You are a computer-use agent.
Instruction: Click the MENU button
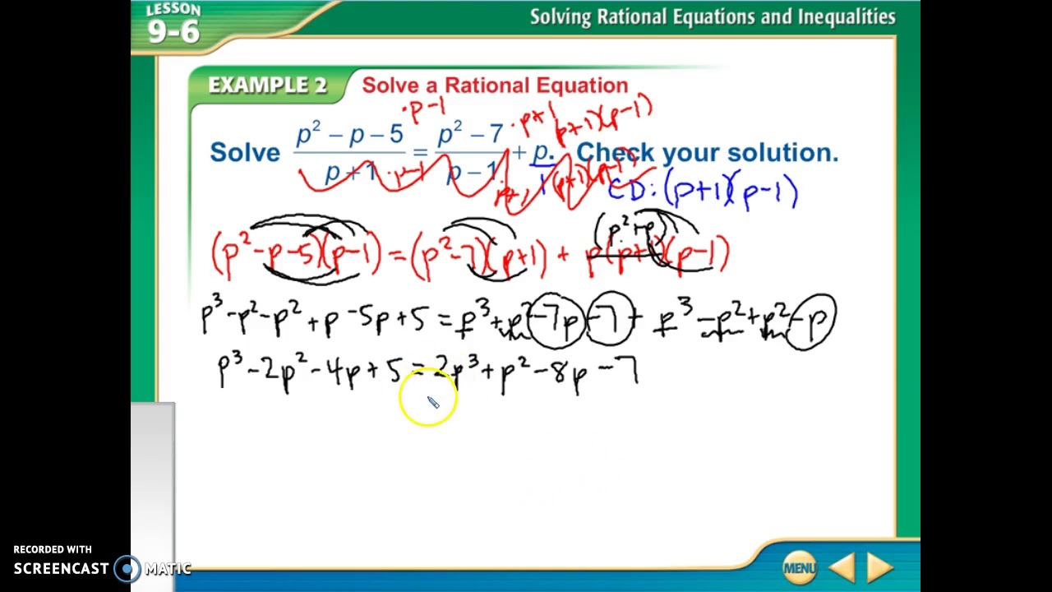pyautogui.click(x=799, y=567)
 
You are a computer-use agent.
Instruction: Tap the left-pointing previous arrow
pyautogui.click(x=842, y=567)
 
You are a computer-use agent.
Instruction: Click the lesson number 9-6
pyautogui.click(x=173, y=32)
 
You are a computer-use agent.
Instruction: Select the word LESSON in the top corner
pyautogui.click(x=173, y=10)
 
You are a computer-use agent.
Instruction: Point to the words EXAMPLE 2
pyautogui.click(x=267, y=86)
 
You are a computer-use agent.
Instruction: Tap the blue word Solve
pyautogui.click(x=245, y=152)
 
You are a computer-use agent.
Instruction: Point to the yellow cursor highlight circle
pyautogui.click(x=427, y=398)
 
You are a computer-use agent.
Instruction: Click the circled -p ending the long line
pyautogui.click(x=814, y=321)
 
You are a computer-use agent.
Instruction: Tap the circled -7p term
pyautogui.click(x=556, y=321)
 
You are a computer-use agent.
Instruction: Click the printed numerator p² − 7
pyautogui.click(x=470, y=133)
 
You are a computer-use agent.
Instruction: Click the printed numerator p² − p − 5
pyautogui.click(x=350, y=135)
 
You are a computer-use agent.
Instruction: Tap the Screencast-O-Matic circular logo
pyautogui.click(x=127, y=568)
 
